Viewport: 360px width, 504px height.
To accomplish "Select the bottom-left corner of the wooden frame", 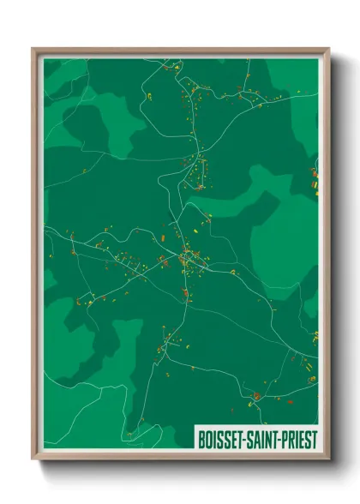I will [33, 459].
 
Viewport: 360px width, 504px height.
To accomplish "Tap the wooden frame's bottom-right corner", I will [328, 459].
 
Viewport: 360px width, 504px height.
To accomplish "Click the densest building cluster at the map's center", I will [190, 259].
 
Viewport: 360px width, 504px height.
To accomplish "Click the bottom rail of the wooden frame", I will [180, 457].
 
